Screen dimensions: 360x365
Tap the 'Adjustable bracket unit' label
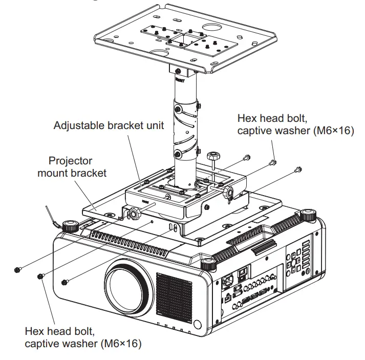(x=109, y=125)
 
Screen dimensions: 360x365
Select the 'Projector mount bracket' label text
(x=72, y=167)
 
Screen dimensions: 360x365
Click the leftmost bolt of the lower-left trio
(x=17, y=269)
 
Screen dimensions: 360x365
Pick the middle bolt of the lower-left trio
(x=40, y=276)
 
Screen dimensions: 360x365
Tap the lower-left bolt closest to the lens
(x=65, y=281)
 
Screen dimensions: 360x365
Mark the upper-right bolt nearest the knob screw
(x=247, y=157)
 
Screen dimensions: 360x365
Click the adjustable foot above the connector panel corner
(x=207, y=264)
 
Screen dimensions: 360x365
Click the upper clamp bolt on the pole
(x=178, y=109)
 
